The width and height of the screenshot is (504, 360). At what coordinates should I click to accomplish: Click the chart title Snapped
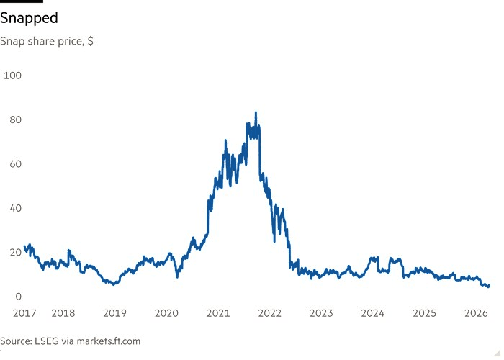pyautogui.click(x=30, y=18)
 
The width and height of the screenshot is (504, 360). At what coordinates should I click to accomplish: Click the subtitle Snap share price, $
pyautogui.click(x=47, y=41)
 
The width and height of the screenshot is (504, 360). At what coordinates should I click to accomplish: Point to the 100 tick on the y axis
pyautogui.click(x=12, y=75)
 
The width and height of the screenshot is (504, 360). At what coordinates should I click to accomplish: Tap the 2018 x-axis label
pyautogui.click(x=63, y=313)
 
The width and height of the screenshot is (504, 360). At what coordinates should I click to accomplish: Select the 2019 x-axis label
pyautogui.click(x=115, y=313)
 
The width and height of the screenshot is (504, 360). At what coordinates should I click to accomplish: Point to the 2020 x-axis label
pyautogui.click(x=166, y=313)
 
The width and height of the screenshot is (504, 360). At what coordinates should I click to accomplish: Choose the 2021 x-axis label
pyautogui.click(x=218, y=313)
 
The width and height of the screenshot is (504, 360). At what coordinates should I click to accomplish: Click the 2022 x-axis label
pyautogui.click(x=270, y=313)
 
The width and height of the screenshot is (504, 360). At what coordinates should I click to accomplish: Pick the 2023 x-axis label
pyautogui.click(x=321, y=313)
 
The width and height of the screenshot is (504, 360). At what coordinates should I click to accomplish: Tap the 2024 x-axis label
pyautogui.click(x=373, y=313)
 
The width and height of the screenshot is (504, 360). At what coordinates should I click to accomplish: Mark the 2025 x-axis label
pyautogui.click(x=424, y=313)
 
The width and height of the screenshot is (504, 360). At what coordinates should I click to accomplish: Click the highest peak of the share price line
pyautogui.click(x=256, y=112)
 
